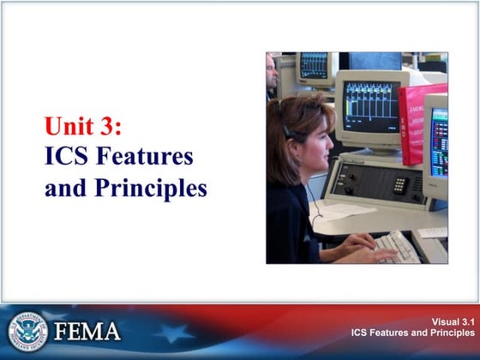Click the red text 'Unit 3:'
[84, 128]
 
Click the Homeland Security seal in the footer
[27, 330]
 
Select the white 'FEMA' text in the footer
[88, 331]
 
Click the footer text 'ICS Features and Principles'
[411, 332]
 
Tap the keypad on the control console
[399, 184]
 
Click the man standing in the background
[272, 77]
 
